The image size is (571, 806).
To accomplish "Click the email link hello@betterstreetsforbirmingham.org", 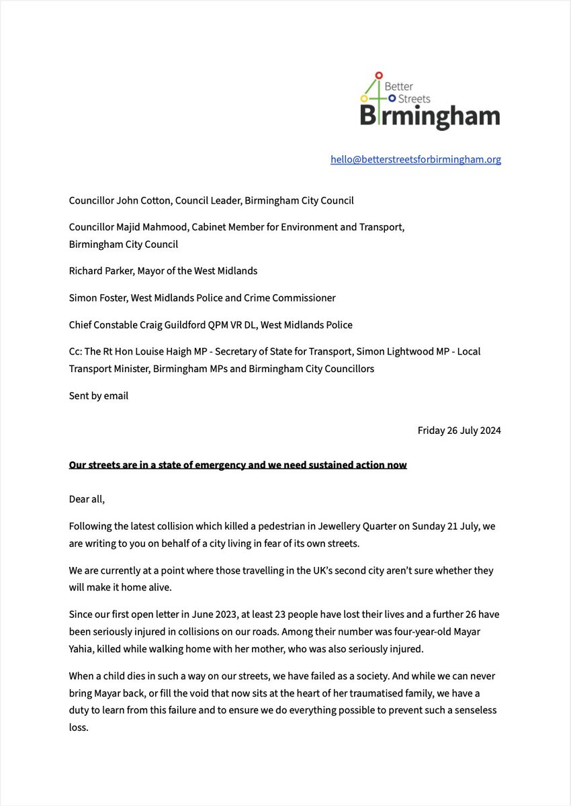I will tap(415, 159).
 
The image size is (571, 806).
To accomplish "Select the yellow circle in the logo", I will tap(363, 99).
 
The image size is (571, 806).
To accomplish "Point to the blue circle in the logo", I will tap(392, 99).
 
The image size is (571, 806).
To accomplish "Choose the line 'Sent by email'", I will tap(98, 396).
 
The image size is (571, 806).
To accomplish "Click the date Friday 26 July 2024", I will tap(459, 430).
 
